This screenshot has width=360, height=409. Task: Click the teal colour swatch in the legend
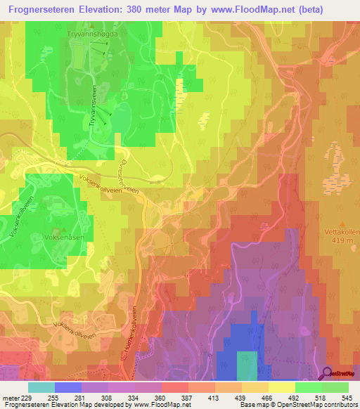coord(41,387)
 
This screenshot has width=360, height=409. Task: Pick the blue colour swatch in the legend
coord(68,387)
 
